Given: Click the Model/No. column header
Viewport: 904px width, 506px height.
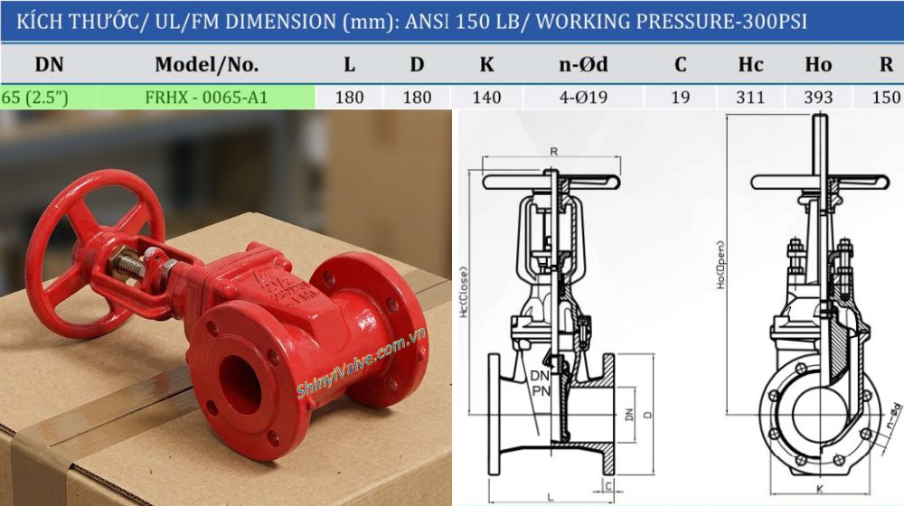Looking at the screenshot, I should (x=206, y=65).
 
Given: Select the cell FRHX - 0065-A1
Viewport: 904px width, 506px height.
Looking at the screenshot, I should (x=206, y=98).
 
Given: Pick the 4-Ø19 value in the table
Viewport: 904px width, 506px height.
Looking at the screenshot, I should (x=582, y=98).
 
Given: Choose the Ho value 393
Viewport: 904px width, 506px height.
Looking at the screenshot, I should (x=818, y=98).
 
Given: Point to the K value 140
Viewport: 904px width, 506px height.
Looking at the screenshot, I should (x=486, y=98).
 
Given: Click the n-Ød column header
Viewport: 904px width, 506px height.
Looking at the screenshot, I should (x=582, y=65).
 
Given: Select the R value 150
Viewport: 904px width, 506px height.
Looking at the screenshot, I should (x=888, y=98).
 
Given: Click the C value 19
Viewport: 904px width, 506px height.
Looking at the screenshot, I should (x=681, y=98).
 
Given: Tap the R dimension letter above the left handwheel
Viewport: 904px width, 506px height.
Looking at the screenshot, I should (x=553, y=151).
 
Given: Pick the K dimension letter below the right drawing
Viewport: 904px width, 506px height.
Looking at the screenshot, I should (x=818, y=490).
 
